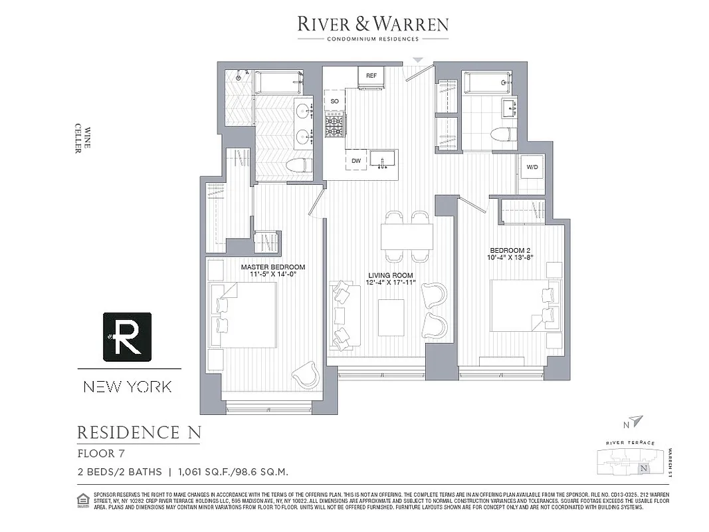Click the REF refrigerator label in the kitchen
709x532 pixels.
[371, 76]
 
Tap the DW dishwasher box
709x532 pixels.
[356, 160]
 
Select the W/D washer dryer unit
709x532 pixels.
[533, 167]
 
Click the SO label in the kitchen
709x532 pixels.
[334, 100]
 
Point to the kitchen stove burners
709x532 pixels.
[335, 124]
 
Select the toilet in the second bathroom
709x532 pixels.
[504, 134]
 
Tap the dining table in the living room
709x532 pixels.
[407, 236]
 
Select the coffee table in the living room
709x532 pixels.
[391, 318]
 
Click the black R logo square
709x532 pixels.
[127, 336]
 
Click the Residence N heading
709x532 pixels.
[139, 433]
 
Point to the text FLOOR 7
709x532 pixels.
[100, 454]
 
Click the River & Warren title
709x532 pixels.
[372, 25]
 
